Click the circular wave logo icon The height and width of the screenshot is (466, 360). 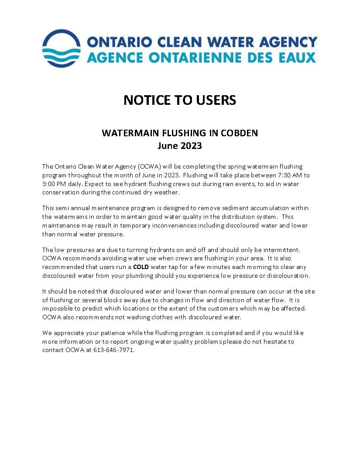(x=61, y=48)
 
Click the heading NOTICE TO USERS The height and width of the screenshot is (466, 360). (x=180, y=100)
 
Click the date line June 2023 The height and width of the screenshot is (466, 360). (x=180, y=145)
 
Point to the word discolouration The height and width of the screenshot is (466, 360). (x=288, y=276)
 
